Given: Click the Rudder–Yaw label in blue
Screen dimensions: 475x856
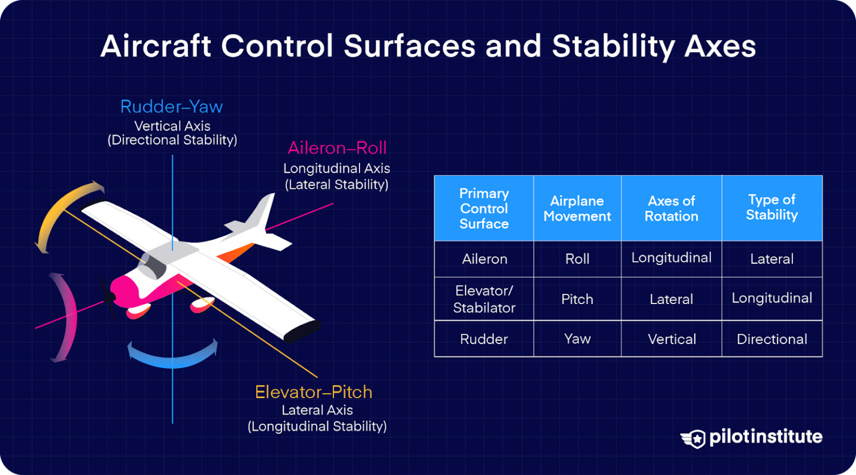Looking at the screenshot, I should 171,106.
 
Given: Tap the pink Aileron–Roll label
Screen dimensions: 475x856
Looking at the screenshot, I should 337,148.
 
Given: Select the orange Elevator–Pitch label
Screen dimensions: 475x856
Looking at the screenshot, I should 313,392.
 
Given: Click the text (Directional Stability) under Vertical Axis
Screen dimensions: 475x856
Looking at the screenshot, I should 172,140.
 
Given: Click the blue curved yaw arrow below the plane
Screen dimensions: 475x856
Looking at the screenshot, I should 172,357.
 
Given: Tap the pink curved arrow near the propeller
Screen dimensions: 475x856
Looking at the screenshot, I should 67,317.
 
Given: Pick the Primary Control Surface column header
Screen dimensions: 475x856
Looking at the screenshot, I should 484,208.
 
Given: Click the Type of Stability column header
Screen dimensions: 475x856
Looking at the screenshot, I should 772,208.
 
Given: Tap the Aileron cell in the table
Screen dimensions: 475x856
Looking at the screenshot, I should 484,259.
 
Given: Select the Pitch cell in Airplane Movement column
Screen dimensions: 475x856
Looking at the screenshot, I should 577,299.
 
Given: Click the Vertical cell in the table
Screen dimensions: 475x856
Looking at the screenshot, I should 672,339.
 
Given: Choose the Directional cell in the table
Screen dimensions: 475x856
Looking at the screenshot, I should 772,339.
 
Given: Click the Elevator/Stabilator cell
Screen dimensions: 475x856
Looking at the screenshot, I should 484,299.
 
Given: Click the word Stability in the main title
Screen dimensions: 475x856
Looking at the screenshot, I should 613,46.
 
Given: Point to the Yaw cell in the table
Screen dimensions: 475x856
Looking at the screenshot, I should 577,339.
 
